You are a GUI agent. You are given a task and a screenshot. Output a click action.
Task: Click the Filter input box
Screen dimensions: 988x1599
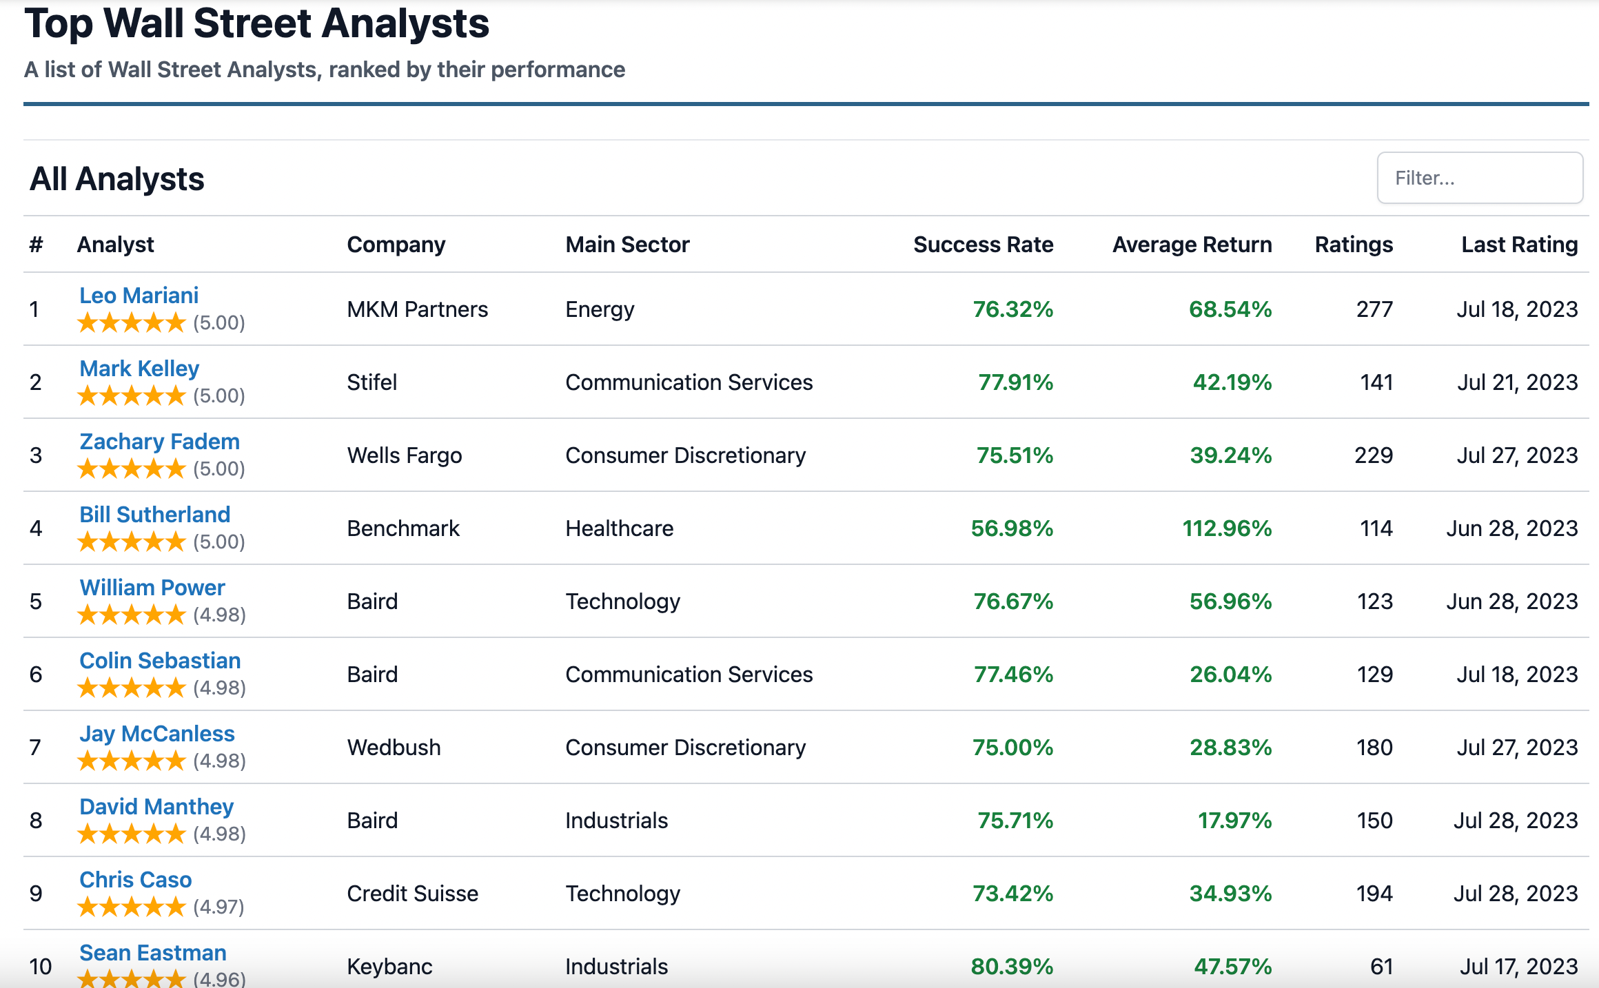(x=1479, y=178)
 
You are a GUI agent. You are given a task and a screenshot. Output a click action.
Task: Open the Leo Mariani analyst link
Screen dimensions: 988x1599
(x=139, y=296)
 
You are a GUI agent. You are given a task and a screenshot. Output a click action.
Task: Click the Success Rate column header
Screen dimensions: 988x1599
(x=983, y=245)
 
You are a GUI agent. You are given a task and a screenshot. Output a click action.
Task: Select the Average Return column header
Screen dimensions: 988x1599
(x=1192, y=245)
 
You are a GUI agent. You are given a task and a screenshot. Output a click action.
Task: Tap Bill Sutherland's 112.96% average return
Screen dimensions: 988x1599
(x=1227, y=528)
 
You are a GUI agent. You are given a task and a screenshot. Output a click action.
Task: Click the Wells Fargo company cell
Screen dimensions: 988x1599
(x=404, y=455)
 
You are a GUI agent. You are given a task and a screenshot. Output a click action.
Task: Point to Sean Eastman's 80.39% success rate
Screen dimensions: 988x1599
(x=1011, y=966)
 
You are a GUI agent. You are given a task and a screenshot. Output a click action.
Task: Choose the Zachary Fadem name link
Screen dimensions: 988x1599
(x=159, y=442)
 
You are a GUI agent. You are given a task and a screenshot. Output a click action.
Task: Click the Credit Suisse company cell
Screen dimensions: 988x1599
(x=412, y=894)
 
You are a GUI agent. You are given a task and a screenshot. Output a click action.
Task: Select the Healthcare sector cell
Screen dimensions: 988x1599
(x=619, y=528)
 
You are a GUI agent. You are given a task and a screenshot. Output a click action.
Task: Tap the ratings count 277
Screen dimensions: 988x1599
(x=1374, y=309)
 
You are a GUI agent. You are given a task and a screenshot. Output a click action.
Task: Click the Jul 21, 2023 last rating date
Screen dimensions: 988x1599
(x=1516, y=382)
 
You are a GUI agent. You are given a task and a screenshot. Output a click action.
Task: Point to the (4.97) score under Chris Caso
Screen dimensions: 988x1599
(x=218, y=907)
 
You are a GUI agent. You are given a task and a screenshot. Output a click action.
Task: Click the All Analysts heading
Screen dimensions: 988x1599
(x=116, y=179)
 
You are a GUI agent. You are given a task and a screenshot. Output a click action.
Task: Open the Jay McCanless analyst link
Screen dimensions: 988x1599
(x=156, y=734)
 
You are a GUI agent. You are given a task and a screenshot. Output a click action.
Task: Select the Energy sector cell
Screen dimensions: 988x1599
(x=599, y=309)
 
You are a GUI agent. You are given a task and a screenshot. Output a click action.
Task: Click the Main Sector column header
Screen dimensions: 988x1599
(x=627, y=245)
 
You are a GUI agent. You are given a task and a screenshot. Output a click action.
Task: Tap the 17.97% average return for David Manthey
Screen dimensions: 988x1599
(x=1234, y=821)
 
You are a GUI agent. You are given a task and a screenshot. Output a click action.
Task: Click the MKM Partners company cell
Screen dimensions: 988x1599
(x=417, y=309)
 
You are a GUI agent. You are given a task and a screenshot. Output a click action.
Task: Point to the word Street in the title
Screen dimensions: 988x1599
(x=252, y=23)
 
